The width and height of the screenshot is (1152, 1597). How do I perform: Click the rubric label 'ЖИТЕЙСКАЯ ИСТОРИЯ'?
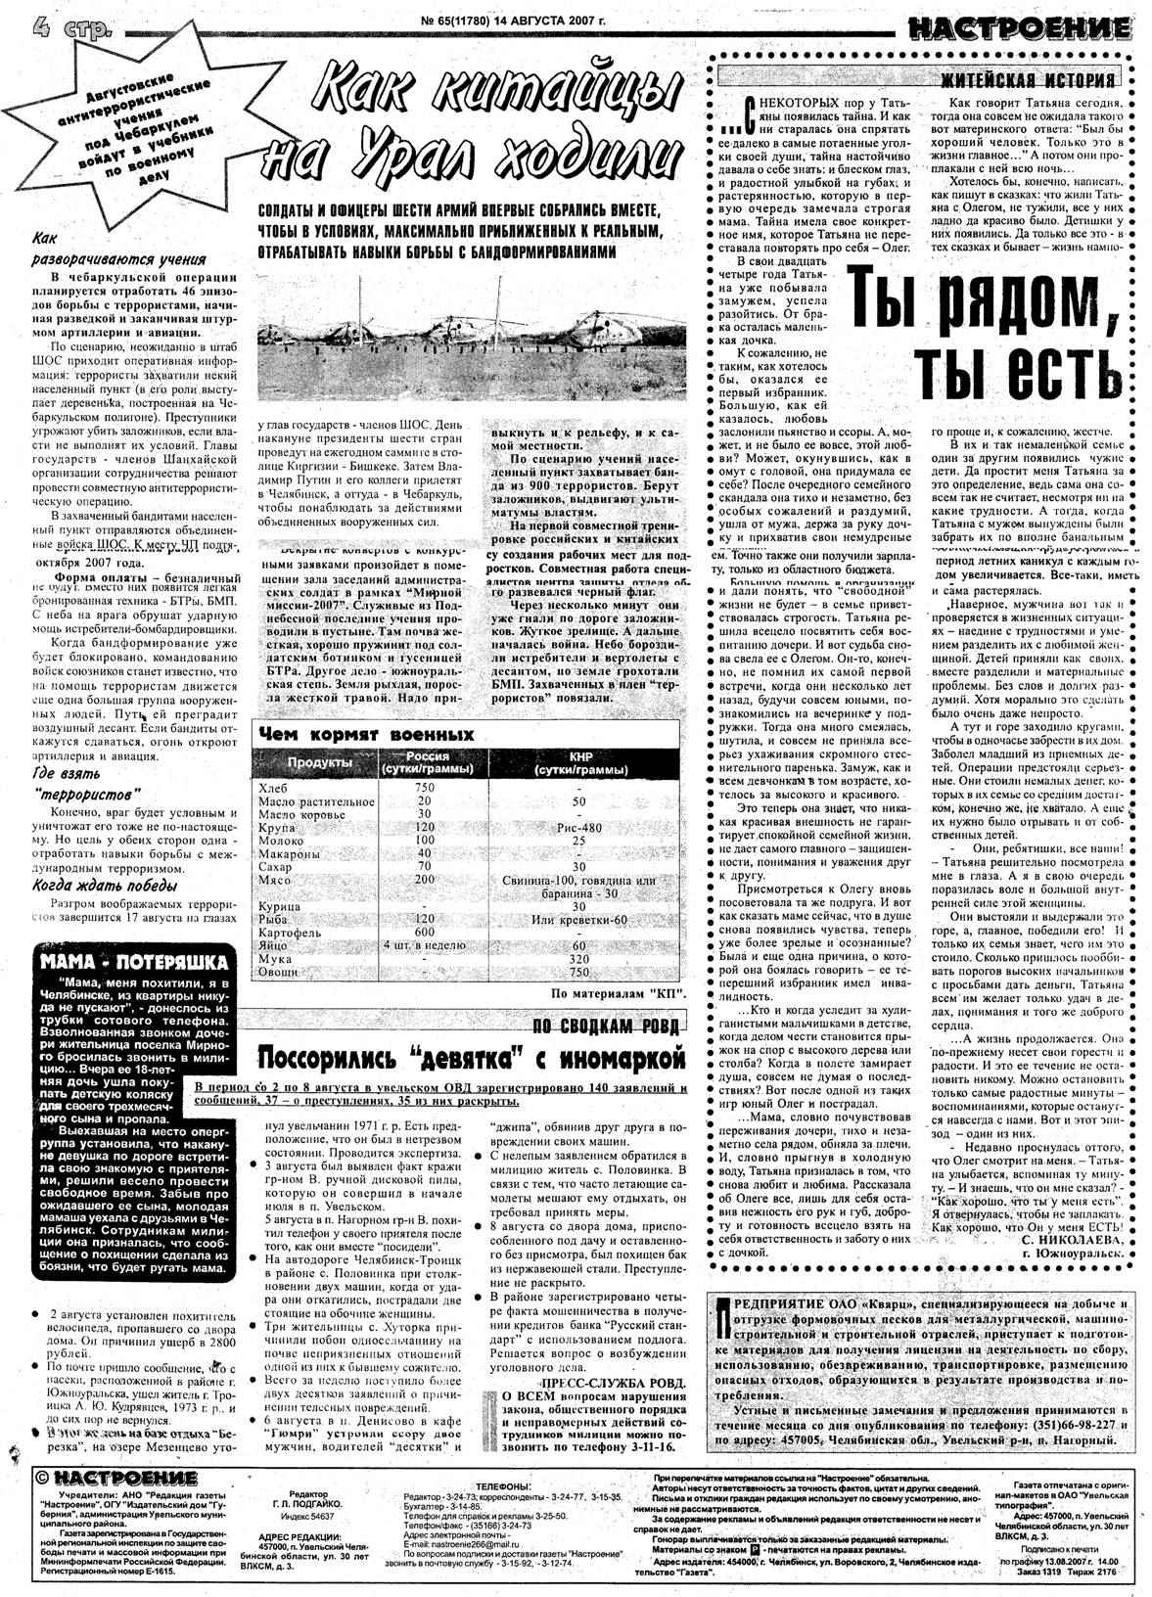click(x=1027, y=80)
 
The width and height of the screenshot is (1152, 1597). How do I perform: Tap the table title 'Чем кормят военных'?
click(x=366, y=735)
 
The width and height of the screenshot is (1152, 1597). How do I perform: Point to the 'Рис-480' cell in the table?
click(x=578, y=827)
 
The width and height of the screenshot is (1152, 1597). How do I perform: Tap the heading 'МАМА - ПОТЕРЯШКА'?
click(x=134, y=962)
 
